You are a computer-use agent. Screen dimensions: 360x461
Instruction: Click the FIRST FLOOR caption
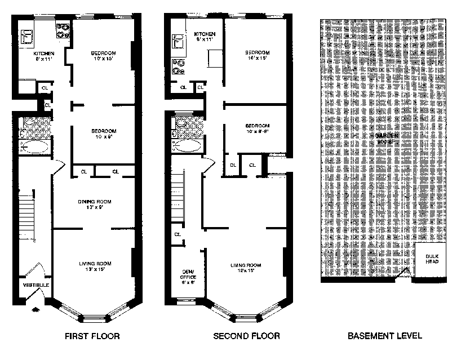point(92,337)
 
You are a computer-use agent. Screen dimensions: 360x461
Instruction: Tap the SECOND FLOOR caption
point(246,337)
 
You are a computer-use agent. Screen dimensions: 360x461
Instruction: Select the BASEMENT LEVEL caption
point(385,337)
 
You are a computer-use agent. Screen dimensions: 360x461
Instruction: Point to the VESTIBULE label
point(36,285)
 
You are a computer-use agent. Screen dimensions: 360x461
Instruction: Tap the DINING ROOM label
point(95,201)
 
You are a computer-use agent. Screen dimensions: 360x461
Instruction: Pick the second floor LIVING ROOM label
point(246,265)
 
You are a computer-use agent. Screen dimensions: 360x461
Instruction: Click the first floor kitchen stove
point(63,29)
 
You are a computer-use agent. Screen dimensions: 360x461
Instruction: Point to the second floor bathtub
point(187,146)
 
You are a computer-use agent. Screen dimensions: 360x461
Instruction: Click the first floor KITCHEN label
point(43,54)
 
